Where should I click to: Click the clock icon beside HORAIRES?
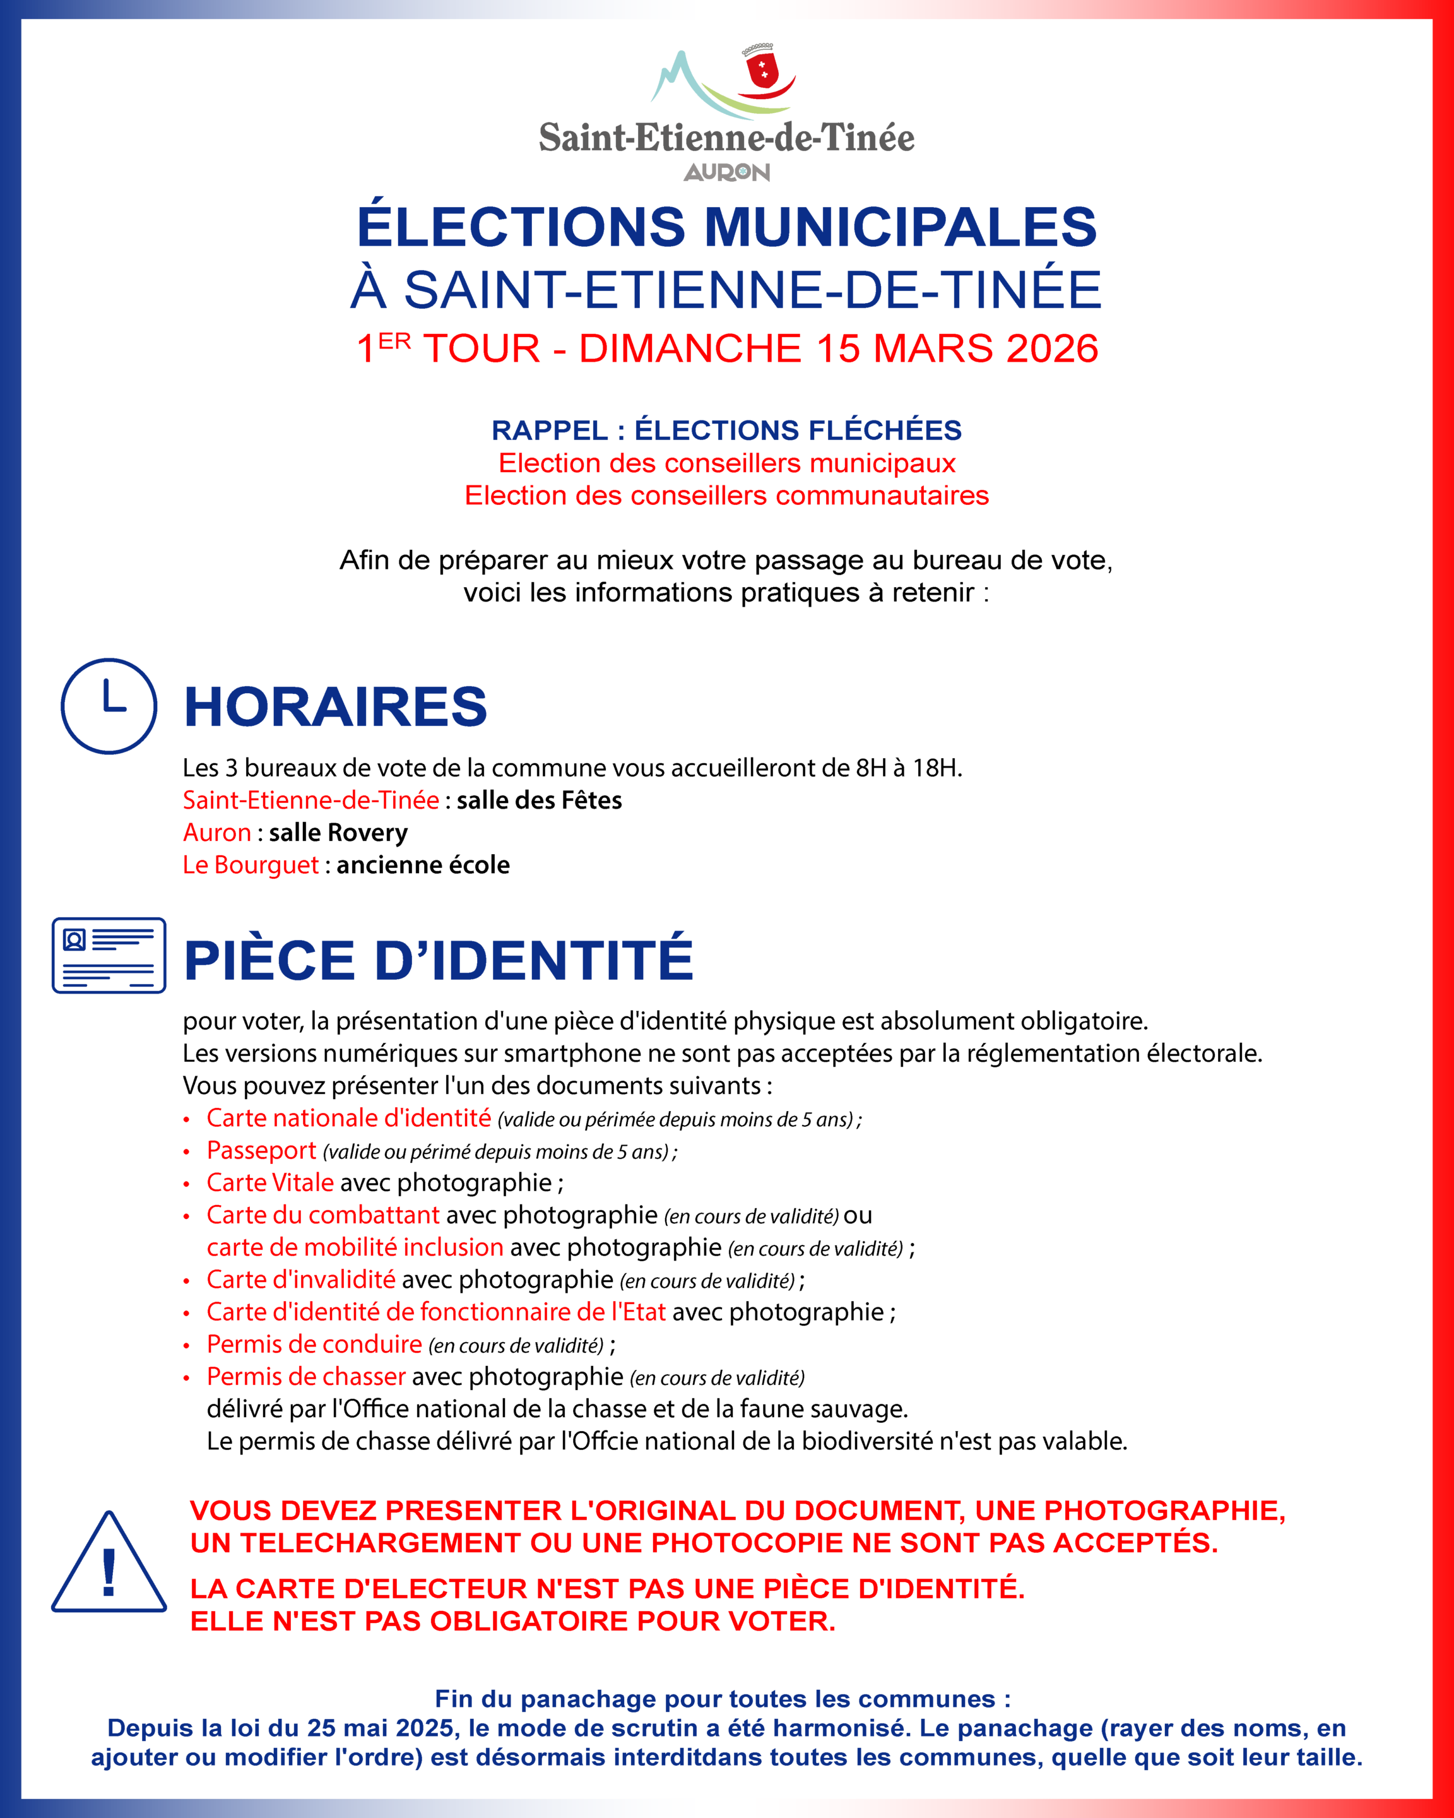pyautogui.click(x=109, y=706)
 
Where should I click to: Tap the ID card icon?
pyautogui.click(x=109, y=954)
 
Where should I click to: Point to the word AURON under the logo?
pyautogui.click(x=726, y=172)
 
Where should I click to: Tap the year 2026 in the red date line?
pyautogui.click(x=1052, y=348)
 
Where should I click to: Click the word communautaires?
pyautogui.click(x=882, y=495)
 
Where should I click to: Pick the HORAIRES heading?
pyautogui.click(x=336, y=706)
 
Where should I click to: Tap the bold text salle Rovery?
pyautogui.click(x=338, y=832)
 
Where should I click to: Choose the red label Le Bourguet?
pyautogui.click(x=251, y=864)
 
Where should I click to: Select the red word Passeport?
pyautogui.click(x=261, y=1150)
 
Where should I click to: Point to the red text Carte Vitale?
pyautogui.click(x=269, y=1182)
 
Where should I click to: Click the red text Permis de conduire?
pyautogui.click(x=314, y=1343)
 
